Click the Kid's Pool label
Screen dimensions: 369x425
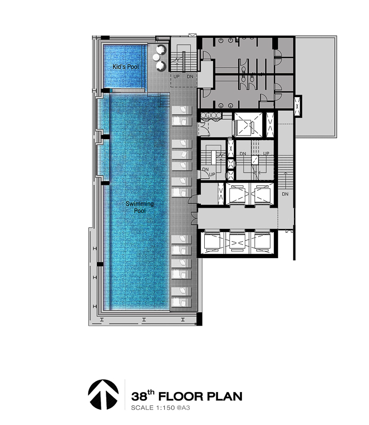click(125, 67)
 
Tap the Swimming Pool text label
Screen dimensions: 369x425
click(140, 207)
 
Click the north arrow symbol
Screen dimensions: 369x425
click(103, 394)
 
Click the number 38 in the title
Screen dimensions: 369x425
click(139, 396)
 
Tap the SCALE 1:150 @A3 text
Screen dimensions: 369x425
click(161, 407)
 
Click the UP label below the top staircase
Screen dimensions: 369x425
click(177, 76)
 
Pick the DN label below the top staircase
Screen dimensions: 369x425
click(190, 76)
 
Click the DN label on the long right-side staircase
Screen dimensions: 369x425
click(285, 194)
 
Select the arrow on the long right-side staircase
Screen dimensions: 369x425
click(285, 180)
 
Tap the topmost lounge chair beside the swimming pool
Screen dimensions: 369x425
click(182, 110)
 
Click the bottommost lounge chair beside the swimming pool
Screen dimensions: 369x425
click(182, 302)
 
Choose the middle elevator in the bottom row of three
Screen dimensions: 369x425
click(237, 241)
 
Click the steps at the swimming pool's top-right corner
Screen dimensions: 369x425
click(164, 100)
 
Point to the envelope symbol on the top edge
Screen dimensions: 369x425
click(192, 35)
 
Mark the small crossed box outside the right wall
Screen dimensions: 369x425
click(298, 106)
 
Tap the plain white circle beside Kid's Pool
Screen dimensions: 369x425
click(156, 57)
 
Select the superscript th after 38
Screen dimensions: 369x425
click(151, 393)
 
